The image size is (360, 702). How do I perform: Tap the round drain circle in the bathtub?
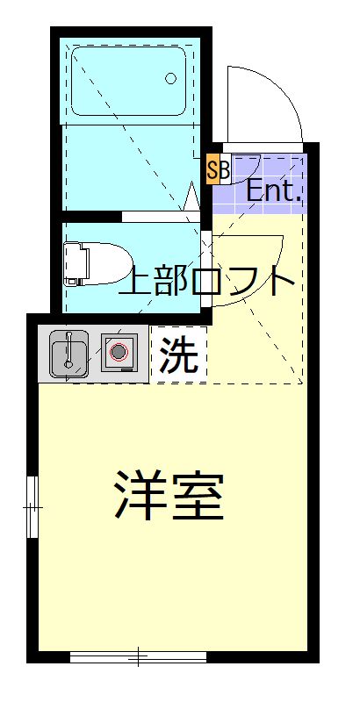(171, 78)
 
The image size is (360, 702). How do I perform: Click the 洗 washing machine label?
(179, 355)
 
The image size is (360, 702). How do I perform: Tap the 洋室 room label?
(169, 497)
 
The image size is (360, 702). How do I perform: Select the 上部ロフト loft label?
(207, 280)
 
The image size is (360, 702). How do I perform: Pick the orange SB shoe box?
(216, 169)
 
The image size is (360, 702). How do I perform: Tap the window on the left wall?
(32, 506)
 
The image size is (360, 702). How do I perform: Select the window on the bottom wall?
(138, 655)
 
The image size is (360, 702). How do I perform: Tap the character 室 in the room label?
(198, 497)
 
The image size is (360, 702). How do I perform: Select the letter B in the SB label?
(223, 169)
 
